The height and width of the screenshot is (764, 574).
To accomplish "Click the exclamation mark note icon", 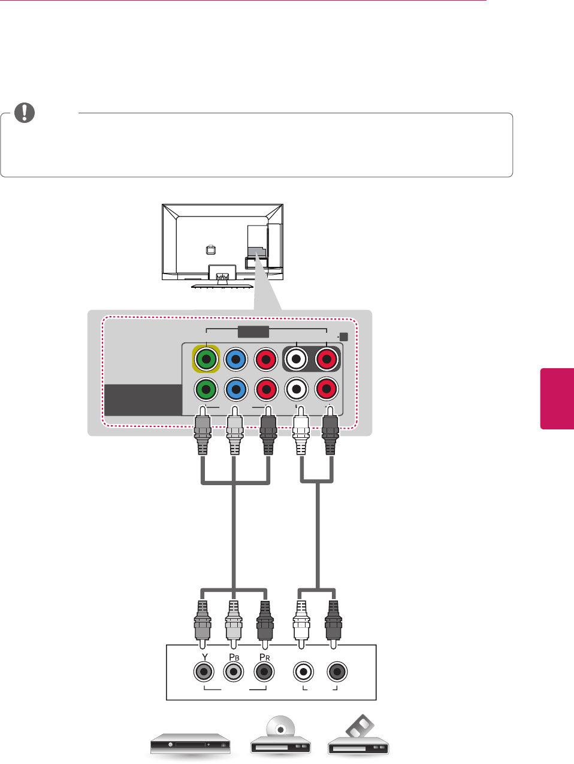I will (25, 112).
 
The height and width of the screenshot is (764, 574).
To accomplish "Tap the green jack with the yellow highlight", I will (206, 359).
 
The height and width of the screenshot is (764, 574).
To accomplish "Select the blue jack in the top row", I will (236, 359).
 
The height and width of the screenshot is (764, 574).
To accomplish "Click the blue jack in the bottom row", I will (236, 390).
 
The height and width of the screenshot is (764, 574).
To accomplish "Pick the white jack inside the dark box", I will (297, 359).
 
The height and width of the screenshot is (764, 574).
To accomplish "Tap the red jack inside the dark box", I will (327, 359).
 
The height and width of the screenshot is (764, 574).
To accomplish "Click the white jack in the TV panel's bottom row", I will (297, 390).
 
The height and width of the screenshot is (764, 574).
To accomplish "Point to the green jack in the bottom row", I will (206, 390).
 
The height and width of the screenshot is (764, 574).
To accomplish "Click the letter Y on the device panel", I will (205, 657).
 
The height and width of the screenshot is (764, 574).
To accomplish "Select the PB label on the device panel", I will (234, 657).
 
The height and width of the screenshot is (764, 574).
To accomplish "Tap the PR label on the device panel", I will (264, 657).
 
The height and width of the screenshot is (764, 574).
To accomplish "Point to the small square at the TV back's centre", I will (210, 250).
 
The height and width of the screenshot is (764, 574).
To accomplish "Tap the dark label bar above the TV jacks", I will (253, 332).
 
